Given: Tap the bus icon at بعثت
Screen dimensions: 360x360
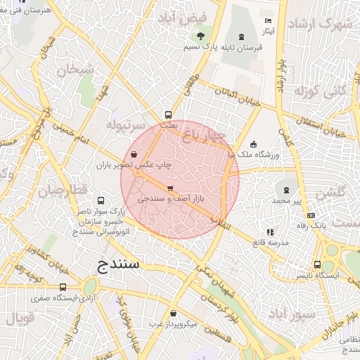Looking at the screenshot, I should (168, 115).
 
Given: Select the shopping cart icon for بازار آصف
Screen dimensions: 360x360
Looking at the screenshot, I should (170, 188).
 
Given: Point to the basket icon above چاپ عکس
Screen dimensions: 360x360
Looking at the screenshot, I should (134, 154).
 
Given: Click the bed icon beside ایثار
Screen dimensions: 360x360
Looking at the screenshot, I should (267, 20).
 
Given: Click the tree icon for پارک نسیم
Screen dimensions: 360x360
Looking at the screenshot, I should (202, 35).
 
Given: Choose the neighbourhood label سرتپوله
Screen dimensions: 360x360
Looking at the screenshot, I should (125, 124).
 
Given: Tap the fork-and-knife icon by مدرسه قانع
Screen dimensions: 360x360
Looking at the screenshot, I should (269, 232).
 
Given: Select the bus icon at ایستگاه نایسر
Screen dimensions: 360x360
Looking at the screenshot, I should (318, 265).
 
